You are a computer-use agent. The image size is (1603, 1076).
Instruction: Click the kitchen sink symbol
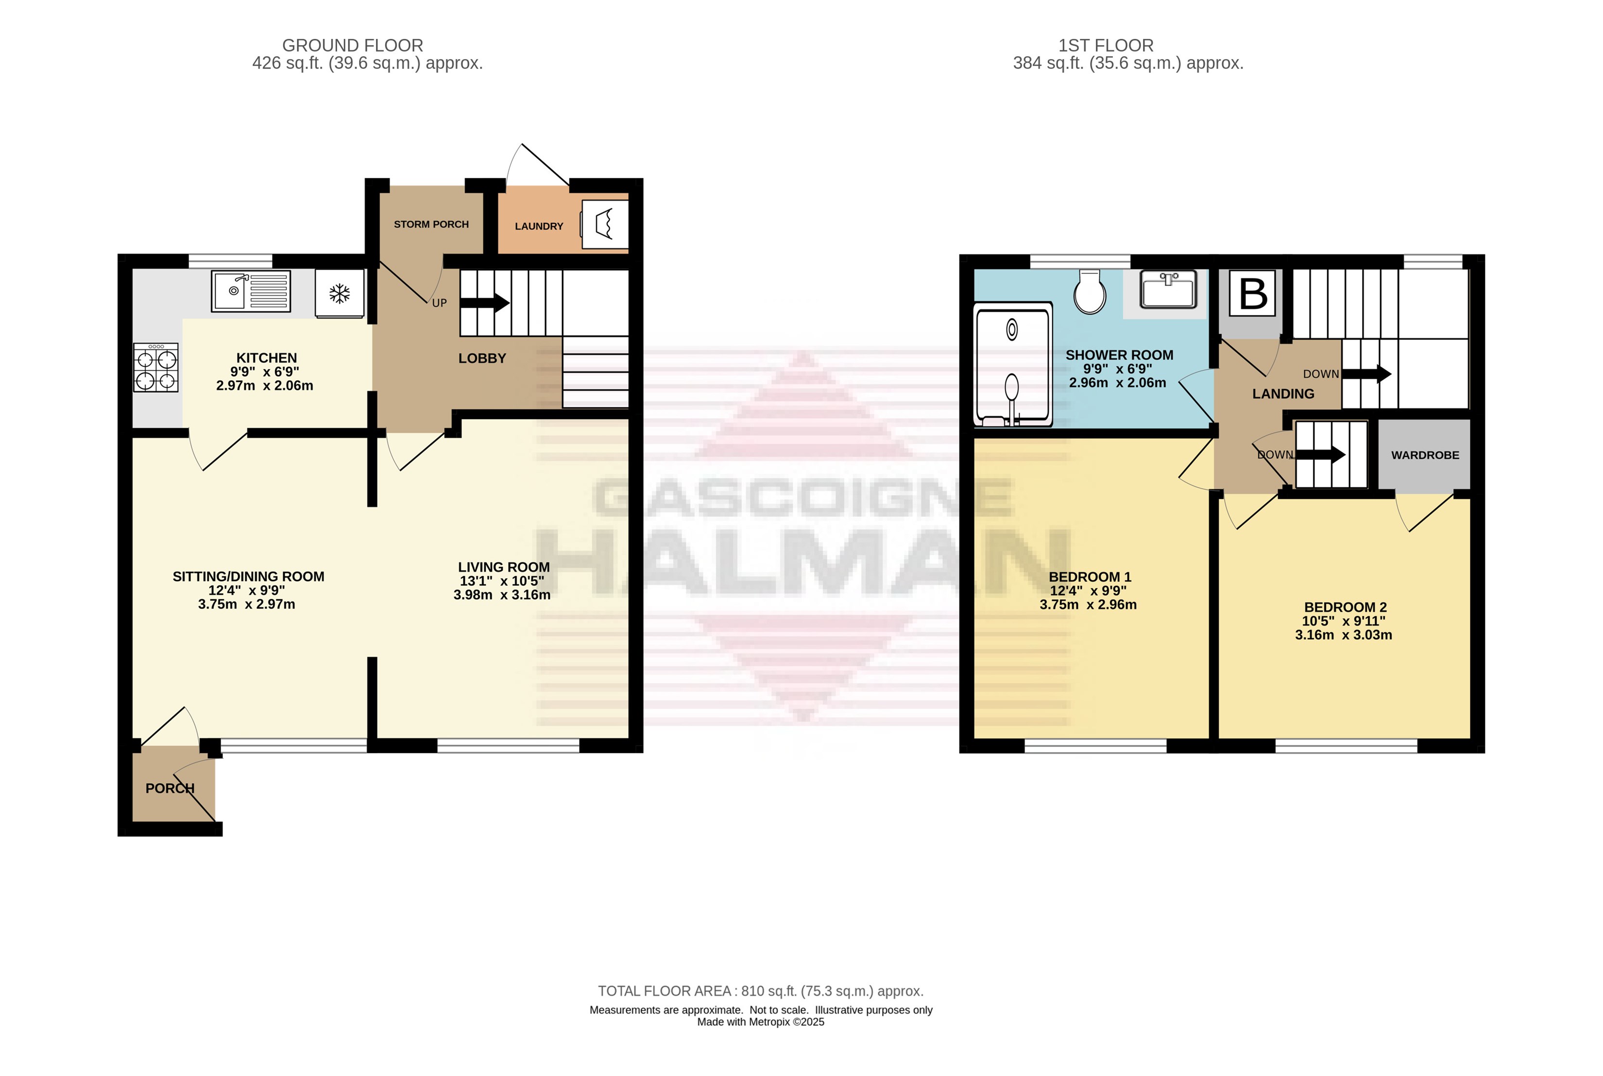pos(251,291)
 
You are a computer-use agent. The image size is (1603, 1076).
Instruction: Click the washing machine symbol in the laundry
pos(604,224)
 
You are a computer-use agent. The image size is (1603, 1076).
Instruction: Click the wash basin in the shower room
pos(1168,289)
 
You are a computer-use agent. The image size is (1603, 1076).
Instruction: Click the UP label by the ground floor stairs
pos(439,303)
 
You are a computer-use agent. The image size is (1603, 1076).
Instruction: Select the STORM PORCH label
pos(431,224)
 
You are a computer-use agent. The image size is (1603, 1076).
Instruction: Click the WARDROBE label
pos(1425,455)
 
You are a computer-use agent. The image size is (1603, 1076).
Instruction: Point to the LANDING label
pos(1283,394)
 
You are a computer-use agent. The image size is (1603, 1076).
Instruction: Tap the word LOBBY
pos(482,358)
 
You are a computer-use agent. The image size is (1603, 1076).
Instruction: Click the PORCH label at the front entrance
pos(170,789)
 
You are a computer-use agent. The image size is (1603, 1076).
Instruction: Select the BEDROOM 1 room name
pos(1090,577)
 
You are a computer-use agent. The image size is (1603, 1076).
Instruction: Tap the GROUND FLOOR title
pos(353,45)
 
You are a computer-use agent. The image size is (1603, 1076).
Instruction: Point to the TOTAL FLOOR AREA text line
pos(761,991)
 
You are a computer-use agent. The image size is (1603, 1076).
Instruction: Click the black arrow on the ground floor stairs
pos(485,303)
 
